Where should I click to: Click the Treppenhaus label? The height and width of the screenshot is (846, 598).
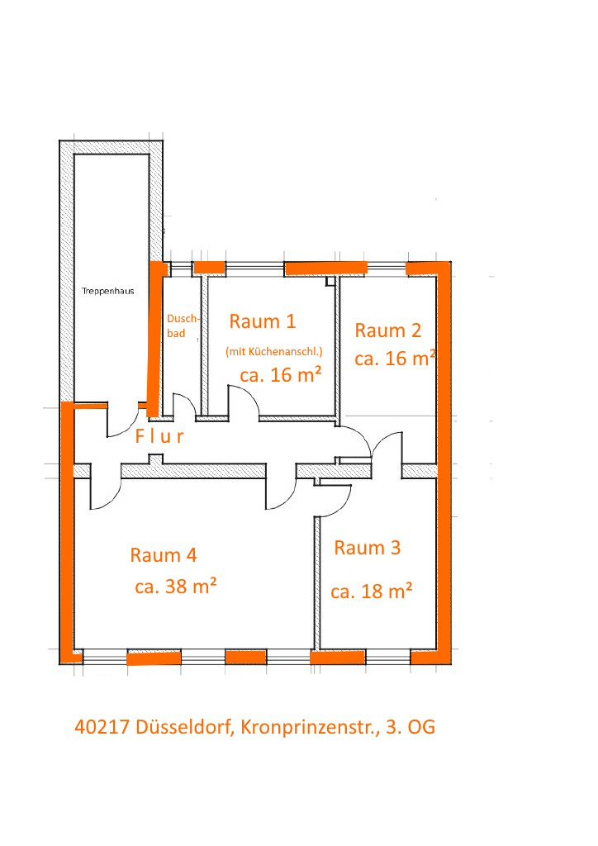click(108, 291)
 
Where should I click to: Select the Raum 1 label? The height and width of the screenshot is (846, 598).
click(263, 321)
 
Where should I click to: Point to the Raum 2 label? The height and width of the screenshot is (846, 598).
click(387, 330)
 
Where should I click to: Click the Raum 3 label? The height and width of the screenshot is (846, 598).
click(368, 548)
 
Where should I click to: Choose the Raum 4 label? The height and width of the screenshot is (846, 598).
click(164, 555)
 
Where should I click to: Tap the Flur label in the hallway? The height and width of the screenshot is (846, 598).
click(159, 436)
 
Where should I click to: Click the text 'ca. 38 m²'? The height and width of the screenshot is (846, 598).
click(176, 586)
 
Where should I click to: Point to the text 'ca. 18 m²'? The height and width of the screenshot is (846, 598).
click(372, 591)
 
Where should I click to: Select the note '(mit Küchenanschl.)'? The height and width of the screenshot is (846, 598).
click(274, 352)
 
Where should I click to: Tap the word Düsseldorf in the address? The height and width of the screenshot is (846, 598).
click(185, 727)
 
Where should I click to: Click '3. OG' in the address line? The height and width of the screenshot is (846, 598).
click(411, 727)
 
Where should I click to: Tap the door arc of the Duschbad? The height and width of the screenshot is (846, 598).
click(185, 402)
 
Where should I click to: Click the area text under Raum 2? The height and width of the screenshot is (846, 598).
click(396, 359)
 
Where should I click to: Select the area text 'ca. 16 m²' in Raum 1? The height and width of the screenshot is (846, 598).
click(281, 374)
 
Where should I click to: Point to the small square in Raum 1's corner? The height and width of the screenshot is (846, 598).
click(330, 281)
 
